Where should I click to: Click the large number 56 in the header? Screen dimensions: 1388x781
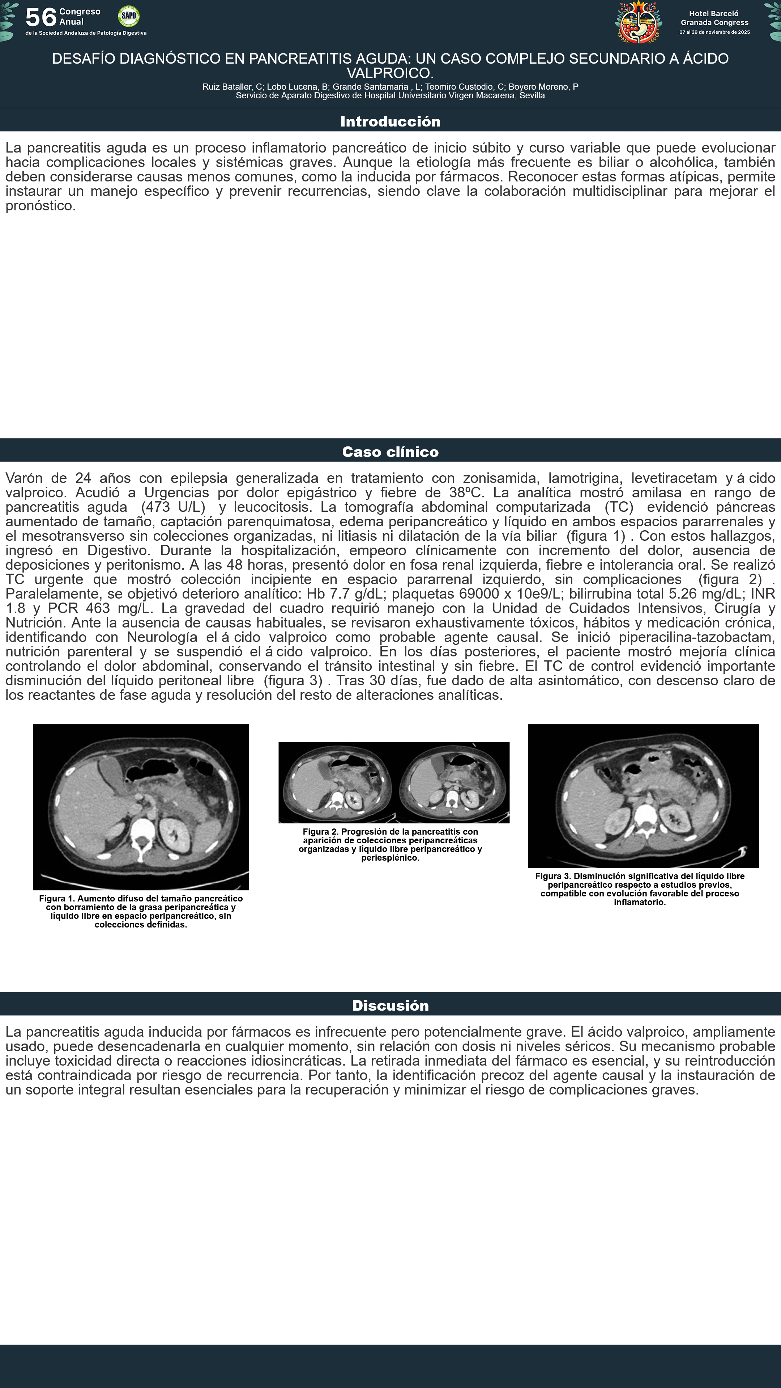point(41,17)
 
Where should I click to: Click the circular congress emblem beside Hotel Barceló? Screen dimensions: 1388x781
point(639,22)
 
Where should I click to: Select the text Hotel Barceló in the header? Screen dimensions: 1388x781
point(714,13)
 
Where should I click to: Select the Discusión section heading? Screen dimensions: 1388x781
point(390,1006)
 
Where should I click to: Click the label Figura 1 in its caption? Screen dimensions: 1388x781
point(57,898)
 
